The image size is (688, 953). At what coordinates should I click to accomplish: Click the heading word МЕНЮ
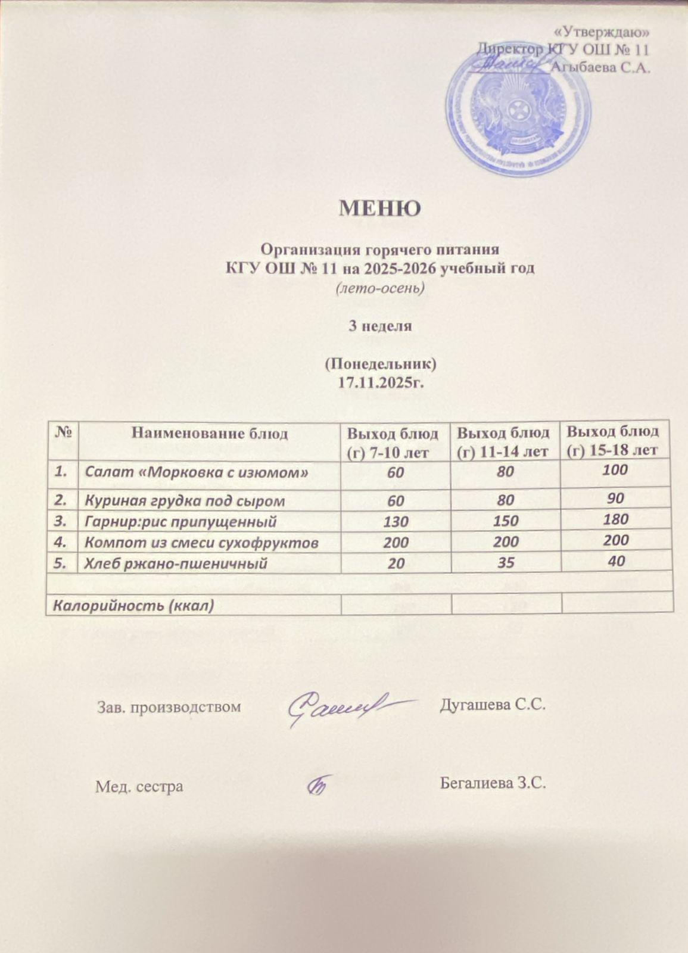(x=379, y=208)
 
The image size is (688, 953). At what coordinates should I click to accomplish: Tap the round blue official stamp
(x=516, y=111)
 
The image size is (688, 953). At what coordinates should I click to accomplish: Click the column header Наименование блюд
(x=209, y=433)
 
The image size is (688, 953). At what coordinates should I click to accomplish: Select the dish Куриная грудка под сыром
(x=185, y=500)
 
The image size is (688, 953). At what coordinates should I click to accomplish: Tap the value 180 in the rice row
(x=615, y=519)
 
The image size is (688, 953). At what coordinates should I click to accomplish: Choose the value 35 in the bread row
(x=506, y=562)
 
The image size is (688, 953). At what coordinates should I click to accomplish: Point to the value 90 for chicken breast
(x=616, y=498)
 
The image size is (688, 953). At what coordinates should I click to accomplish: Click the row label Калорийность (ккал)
(x=133, y=606)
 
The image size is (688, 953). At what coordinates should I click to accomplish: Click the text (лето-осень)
(x=380, y=288)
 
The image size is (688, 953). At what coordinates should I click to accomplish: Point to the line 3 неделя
(x=380, y=326)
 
